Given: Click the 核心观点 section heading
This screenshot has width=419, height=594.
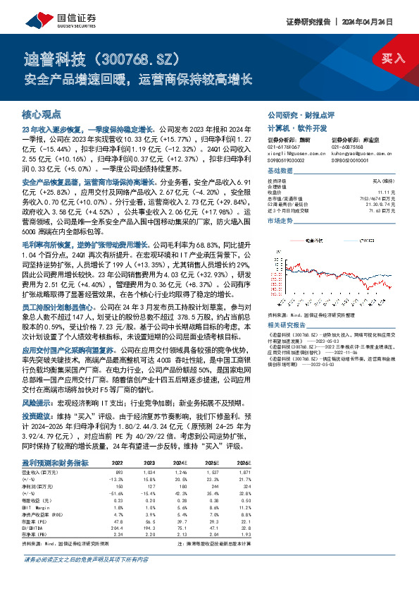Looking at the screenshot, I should [x=42, y=114].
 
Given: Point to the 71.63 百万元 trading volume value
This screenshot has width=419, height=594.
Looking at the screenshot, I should [x=394, y=210].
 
